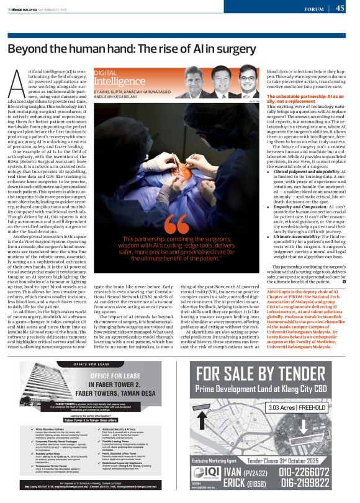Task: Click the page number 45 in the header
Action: click(340, 8)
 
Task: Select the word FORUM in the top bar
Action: click(315, 9)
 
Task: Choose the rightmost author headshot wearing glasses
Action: click(248, 82)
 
